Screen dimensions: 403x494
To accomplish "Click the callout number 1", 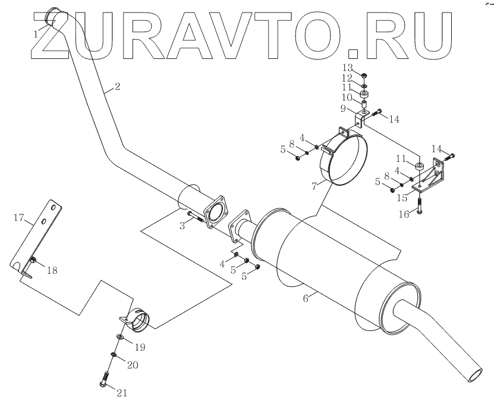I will (x=37, y=34).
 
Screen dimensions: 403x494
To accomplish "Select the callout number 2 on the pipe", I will (x=117, y=87).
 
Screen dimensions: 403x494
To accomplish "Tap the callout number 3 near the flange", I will (x=184, y=225).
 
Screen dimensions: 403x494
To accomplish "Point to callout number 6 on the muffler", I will (x=306, y=299).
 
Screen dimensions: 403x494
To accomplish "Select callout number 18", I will (x=52, y=270).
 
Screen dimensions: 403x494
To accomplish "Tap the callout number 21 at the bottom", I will (x=121, y=392).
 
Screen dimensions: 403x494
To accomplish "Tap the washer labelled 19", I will (x=119, y=338).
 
